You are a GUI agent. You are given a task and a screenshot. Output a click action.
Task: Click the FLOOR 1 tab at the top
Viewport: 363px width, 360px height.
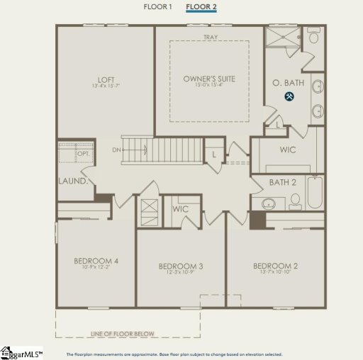(x=158, y=6)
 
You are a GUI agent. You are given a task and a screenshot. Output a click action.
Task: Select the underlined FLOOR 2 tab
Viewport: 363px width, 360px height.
(x=201, y=6)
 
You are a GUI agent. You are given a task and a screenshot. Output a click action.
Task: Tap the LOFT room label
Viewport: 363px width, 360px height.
(x=106, y=79)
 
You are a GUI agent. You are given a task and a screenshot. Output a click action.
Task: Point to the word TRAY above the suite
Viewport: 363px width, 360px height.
(x=210, y=36)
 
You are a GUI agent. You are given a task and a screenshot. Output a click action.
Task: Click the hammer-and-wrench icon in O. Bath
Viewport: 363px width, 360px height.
(x=289, y=96)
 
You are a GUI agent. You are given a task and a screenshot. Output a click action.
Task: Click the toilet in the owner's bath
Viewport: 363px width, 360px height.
(x=313, y=38)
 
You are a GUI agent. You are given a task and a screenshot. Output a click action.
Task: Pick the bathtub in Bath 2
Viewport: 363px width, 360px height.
(x=314, y=193)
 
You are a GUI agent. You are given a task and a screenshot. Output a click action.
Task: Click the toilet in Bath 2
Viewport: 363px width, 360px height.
(x=294, y=203)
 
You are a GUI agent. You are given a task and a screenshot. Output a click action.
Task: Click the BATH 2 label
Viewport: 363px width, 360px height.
(x=283, y=183)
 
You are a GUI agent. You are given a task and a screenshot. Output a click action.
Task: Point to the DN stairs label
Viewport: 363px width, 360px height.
(x=116, y=150)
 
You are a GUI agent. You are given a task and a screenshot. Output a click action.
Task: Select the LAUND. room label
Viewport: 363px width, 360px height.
(x=73, y=181)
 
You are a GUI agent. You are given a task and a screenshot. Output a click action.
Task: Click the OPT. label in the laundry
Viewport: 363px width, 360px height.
(x=83, y=153)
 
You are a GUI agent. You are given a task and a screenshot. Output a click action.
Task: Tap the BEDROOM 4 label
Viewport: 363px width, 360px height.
(x=96, y=261)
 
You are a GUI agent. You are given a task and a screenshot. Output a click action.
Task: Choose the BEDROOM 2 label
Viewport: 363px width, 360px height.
(x=275, y=266)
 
